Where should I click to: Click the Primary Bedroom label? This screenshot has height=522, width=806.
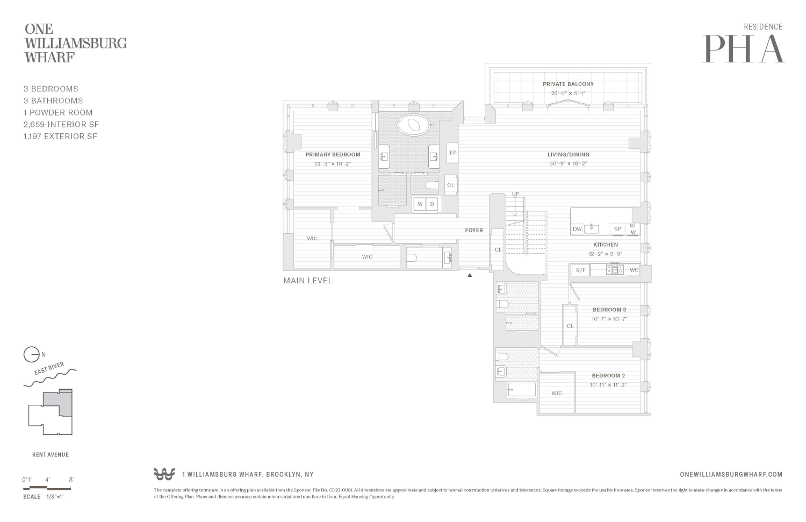pos(333,155)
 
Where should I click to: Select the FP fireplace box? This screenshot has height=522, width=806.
pos(452,153)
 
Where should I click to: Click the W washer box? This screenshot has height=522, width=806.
pos(420,204)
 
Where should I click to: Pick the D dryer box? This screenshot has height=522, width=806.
pos(433,204)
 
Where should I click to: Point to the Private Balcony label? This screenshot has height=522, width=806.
pos(568,84)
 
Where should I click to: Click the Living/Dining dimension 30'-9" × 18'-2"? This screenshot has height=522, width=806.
pos(568,163)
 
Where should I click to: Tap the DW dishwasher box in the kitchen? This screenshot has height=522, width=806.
pos(577,229)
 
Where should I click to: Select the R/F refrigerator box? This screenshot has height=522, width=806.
pos(581,270)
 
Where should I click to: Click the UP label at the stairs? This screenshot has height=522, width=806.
pos(515,194)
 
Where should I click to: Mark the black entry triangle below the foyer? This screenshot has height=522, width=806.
pos(470,275)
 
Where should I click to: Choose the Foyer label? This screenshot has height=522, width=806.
pos(473,230)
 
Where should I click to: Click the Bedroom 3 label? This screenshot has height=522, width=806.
pos(609,310)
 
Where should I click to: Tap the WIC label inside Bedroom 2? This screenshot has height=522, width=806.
pos(557,394)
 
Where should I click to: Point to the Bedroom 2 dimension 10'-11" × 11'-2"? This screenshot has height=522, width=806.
pos(608,385)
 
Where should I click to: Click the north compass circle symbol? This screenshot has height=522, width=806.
pos(31,355)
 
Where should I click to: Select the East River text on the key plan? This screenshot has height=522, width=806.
pos(49,369)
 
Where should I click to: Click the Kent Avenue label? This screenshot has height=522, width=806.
pos(51,455)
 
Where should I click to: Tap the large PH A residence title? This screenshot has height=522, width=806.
pos(743,49)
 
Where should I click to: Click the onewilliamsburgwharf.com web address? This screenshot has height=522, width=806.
pos(731,474)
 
